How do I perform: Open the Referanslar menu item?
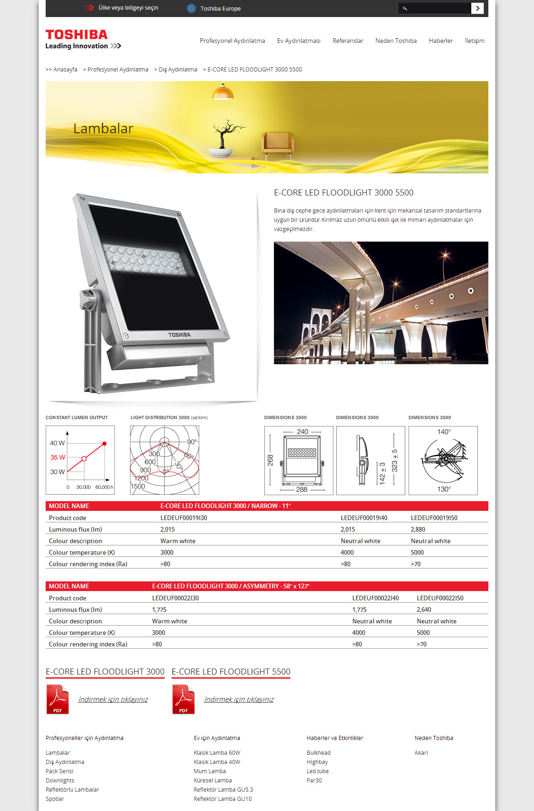pos(348,41)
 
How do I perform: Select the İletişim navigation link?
pos(475,41)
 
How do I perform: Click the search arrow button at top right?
pos(477,8)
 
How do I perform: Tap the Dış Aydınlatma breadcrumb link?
pos(178,70)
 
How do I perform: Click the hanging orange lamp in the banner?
pos(223,93)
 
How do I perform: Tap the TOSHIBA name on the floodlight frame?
pos(179,335)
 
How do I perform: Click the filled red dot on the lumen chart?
pos(105,444)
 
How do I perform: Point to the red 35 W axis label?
pos(58,457)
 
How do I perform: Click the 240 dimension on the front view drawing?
pos(303,432)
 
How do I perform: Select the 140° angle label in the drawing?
pos(444,432)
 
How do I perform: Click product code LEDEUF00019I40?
pos(364,518)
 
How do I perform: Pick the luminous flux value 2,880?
pos(418,529)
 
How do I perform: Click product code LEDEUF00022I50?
pos(440,598)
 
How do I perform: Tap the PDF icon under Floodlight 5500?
pos(184,699)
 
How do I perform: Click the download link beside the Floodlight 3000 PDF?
pos(113,699)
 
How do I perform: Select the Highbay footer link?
pos(317,762)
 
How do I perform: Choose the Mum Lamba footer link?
pos(210,771)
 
